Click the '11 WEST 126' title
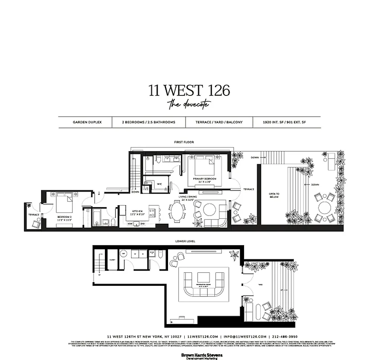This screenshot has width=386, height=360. pos(189,90)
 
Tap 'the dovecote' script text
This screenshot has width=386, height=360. pos(189,105)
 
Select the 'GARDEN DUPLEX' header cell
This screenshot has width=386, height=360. pos(84,122)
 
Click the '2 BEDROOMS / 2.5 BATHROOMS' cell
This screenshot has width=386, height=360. pos(148,122)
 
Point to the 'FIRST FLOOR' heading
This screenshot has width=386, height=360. pos(184,142)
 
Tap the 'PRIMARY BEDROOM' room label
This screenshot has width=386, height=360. pos(205,180)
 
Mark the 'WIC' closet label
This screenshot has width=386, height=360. pos(159,184)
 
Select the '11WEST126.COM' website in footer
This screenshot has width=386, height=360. pos(203,336)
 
